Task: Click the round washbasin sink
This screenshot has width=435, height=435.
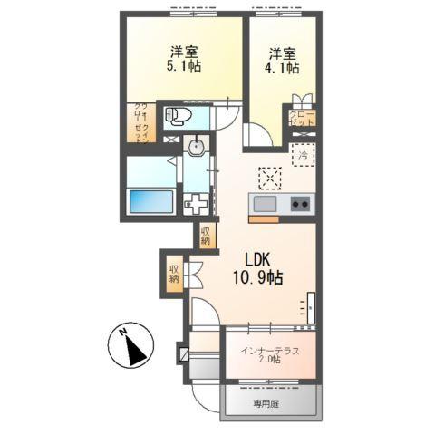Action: point(195,146)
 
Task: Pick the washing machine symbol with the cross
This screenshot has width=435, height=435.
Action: point(195,202)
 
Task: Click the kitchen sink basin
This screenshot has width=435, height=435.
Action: point(268,202)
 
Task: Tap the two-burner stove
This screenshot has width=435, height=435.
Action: point(299,203)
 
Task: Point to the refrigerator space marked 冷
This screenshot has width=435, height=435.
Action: point(303,156)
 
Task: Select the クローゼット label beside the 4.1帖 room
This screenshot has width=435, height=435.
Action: point(302,117)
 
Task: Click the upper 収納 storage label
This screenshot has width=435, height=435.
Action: point(206,236)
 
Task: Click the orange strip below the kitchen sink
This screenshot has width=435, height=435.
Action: point(264,218)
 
